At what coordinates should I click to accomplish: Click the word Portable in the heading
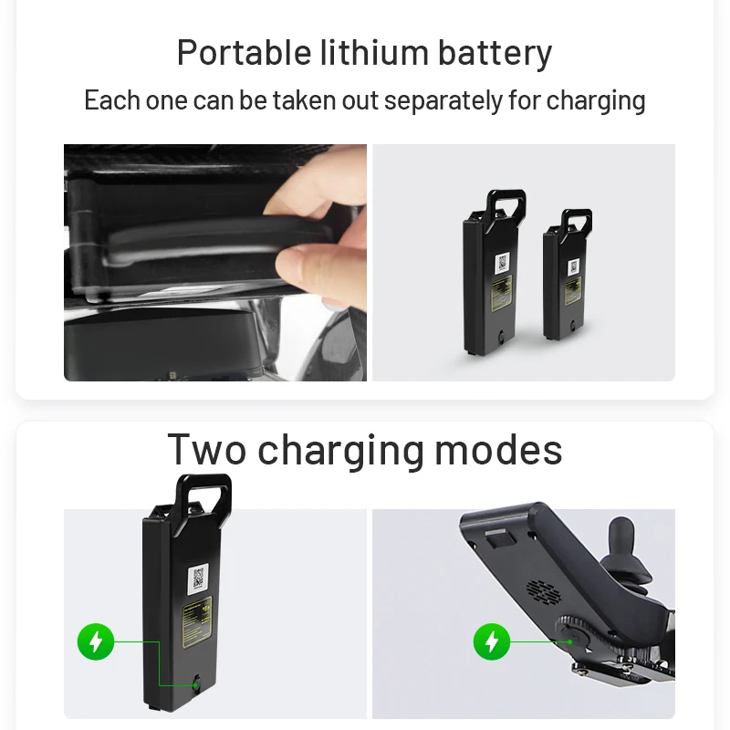[244, 53]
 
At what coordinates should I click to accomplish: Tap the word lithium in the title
[374, 52]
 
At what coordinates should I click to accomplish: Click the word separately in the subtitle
[443, 100]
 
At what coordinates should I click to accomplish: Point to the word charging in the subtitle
[596, 101]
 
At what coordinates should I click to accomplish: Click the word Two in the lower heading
[207, 450]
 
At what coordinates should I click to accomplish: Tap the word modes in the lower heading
[498, 450]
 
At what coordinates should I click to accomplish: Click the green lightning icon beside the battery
[96, 641]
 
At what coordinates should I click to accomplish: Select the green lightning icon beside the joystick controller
[492, 641]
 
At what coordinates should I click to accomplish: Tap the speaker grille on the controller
[543, 590]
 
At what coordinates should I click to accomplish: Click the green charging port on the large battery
[196, 685]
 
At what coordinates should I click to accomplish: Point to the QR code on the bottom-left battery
[198, 579]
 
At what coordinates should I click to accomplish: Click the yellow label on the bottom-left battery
[198, 622]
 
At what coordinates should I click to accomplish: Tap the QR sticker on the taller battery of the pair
[503, 264]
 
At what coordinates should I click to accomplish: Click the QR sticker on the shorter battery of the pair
[574, 266]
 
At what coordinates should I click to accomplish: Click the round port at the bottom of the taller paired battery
[501, 336]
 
